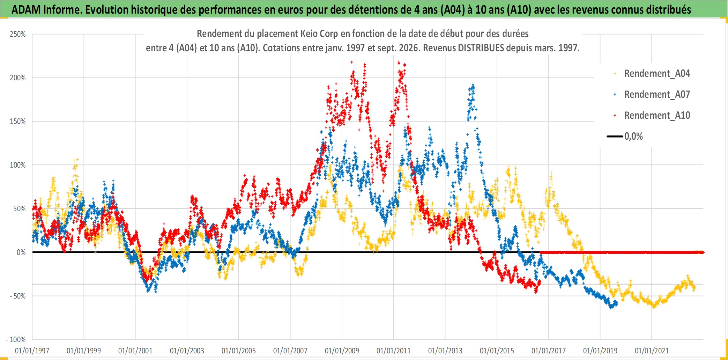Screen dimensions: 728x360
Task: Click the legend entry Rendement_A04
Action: (657, 74)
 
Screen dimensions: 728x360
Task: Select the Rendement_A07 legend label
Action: (657, 95)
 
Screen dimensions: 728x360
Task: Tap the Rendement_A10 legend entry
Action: (657, 116)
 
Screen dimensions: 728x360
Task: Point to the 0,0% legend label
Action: (633, 137)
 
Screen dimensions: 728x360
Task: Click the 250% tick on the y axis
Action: (18, 34)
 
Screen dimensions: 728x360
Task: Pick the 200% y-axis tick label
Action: (18, 78)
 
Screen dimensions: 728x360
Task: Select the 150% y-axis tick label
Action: (18, 122)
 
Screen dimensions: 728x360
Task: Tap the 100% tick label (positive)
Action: (18, 165)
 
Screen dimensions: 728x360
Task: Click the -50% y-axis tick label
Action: (17, 296)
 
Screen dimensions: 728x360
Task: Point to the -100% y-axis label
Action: (16, 340)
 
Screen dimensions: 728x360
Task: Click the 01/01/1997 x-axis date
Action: (32, 351)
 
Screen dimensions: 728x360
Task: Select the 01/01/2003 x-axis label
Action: (187, 351)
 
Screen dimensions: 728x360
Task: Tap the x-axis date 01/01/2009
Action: (342, 351)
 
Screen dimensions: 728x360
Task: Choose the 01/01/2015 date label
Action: (497, 351)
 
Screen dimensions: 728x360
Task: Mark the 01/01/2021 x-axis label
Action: (652, 351)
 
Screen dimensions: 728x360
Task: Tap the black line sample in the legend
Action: (615, 137)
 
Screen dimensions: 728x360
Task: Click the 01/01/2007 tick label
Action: (290, 351)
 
